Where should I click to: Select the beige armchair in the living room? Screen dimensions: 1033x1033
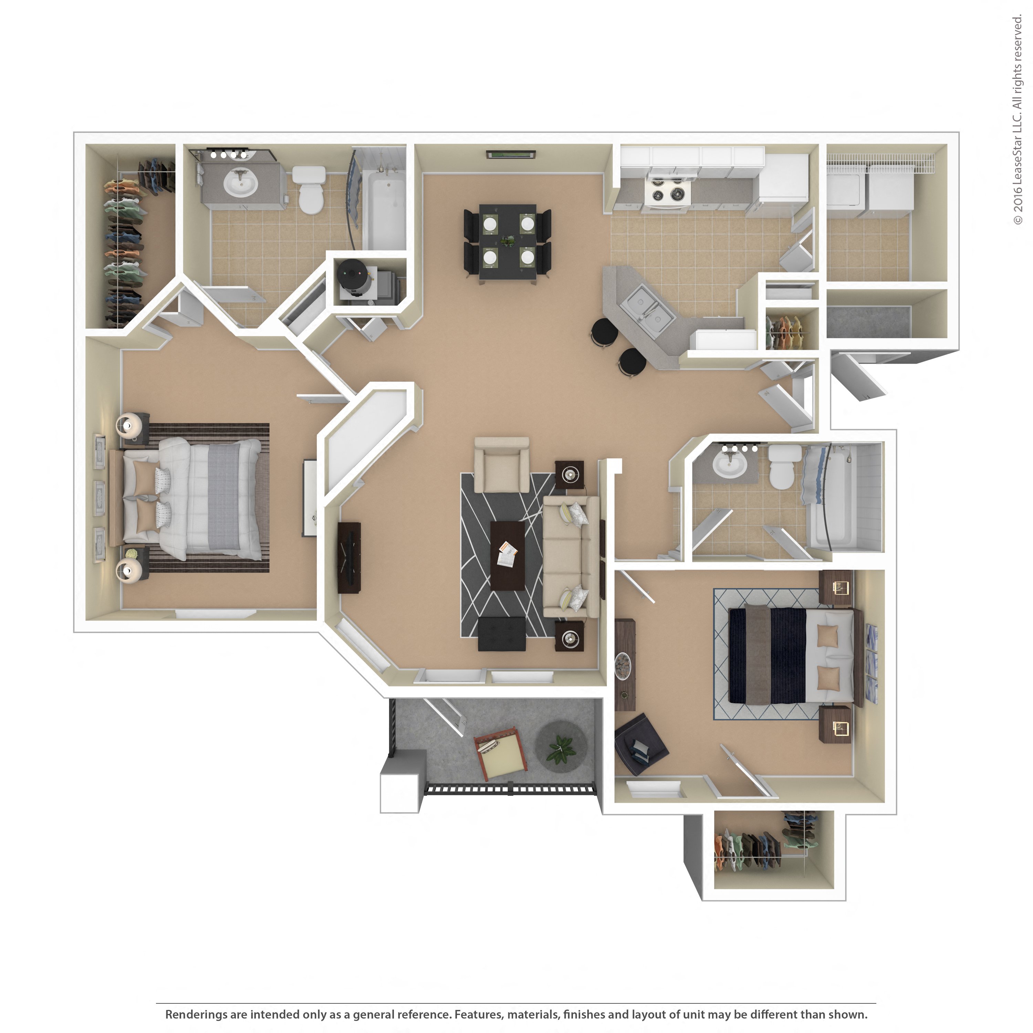click(x=502, y=465)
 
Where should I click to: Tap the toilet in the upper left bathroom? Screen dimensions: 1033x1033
click(x=310, y=190)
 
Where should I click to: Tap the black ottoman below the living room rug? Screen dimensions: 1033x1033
click(x=502, y=634)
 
